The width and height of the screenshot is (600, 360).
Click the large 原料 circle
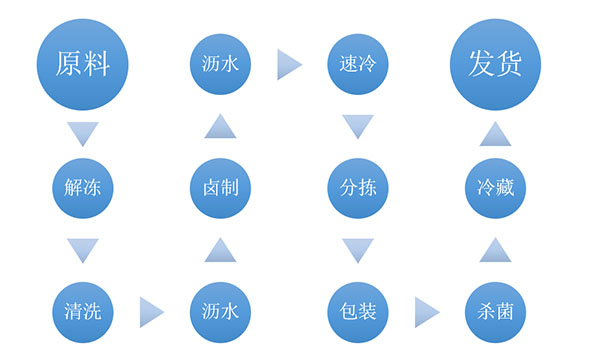coord(82,64)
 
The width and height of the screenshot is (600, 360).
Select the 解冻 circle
coord(82,186)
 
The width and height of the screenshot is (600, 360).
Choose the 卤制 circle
coord(219,186)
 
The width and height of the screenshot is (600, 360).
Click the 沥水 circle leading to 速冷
coord(219,64)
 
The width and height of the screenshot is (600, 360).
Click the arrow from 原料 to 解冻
coord(82,130)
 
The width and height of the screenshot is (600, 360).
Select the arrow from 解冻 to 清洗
coord(82,249)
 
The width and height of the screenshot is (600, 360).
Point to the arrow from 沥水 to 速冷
coord(288,64)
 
